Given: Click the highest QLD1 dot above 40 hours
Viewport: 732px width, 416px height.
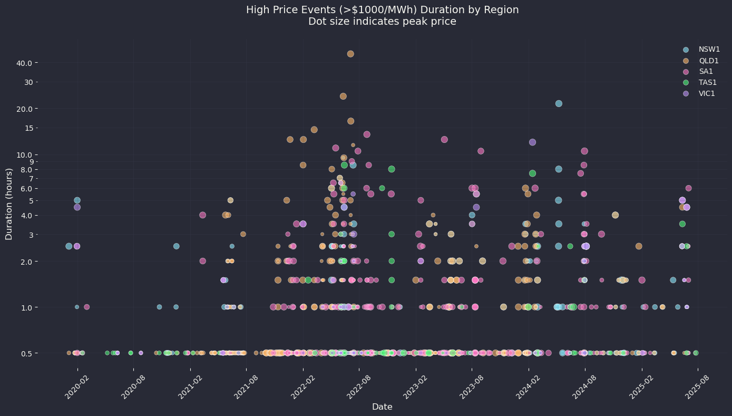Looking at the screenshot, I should [x=350, y=54].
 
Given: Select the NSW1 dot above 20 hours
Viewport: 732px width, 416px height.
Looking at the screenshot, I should [x=559, y=103].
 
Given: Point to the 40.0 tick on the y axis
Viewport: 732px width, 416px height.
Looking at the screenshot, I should [x=26, y=63].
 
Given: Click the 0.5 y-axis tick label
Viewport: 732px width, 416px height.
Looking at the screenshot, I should [x=27, y=353].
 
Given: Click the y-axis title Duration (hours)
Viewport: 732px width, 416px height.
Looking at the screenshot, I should [x=9, y=204].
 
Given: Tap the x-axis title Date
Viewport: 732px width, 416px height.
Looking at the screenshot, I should [x=382, y=407].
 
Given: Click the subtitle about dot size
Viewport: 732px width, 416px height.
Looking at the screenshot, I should [x=382, y=22].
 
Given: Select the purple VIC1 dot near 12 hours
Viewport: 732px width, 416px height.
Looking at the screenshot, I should [x=532, y=142].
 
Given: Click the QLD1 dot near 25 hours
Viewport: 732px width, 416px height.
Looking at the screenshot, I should [x=343, y=96].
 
